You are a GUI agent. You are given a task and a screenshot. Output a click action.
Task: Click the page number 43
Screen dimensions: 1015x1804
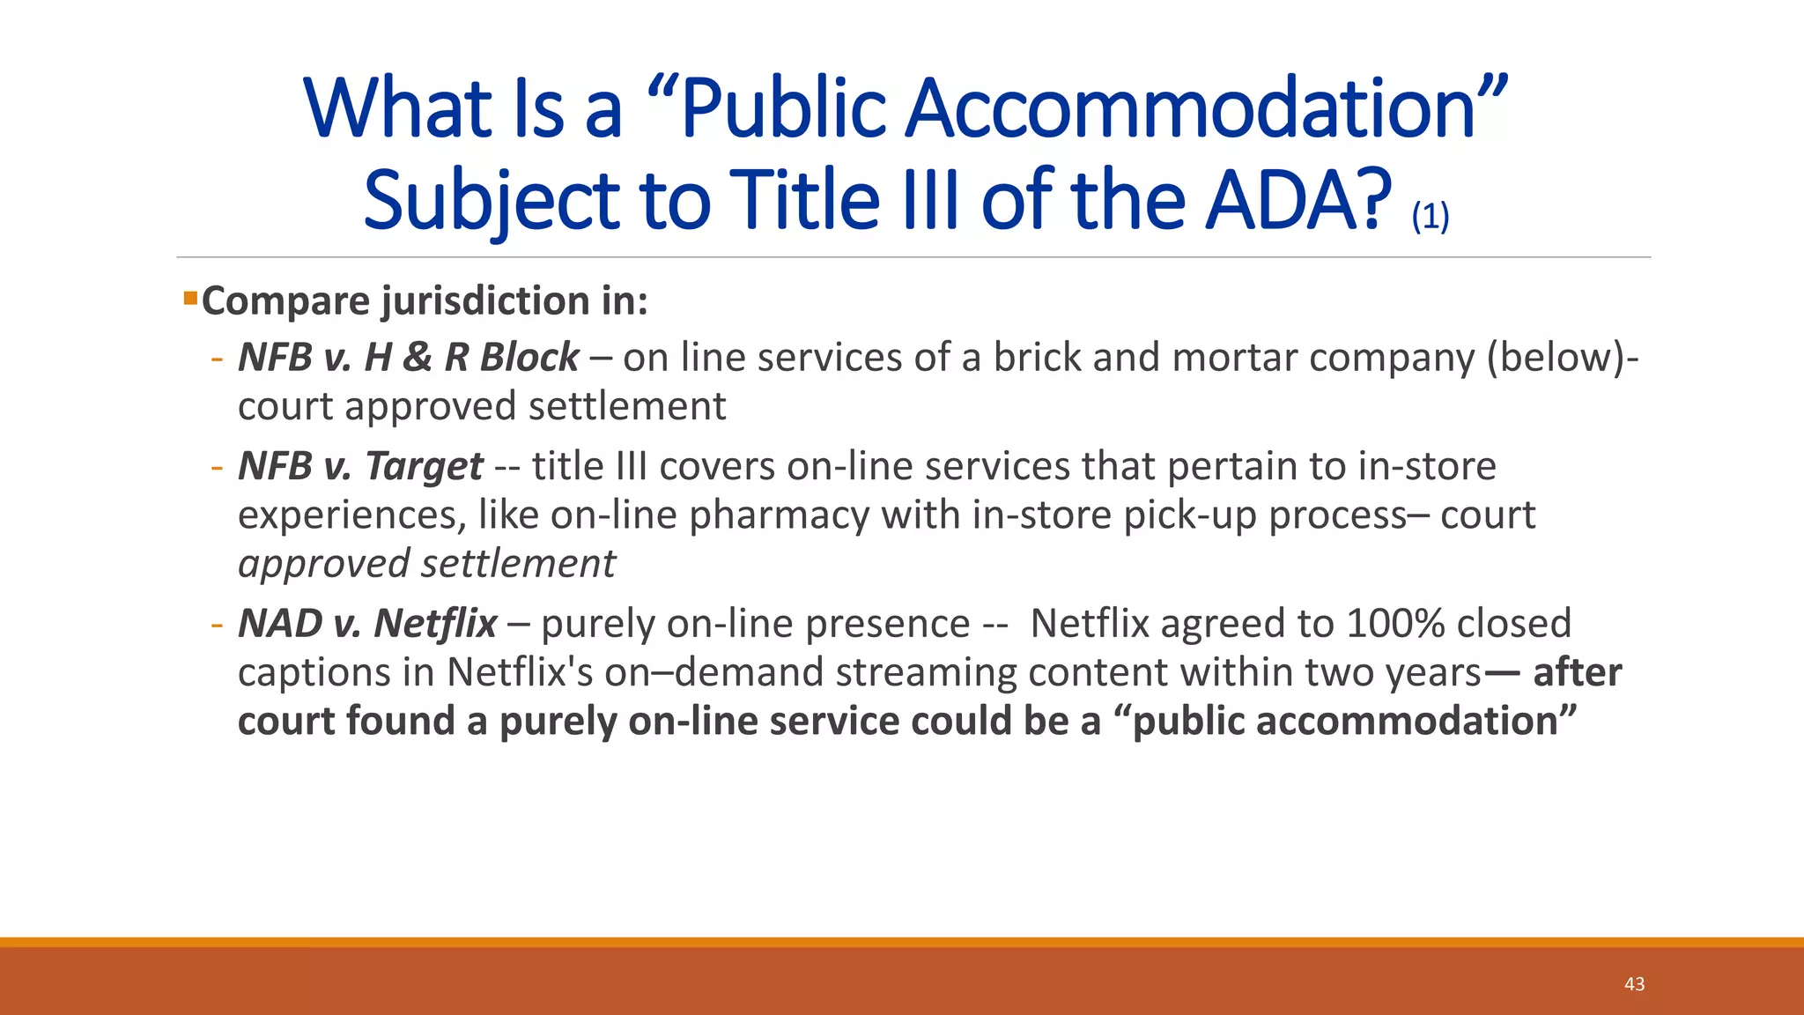[x=1634, y=984]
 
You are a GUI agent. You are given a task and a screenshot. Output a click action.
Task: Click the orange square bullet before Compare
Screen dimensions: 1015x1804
[x=190, y=298]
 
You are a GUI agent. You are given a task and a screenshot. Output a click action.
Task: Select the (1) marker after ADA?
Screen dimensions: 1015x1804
[x=1430, y=216]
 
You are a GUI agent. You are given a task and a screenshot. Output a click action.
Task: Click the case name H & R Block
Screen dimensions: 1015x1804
[x=471, y=358]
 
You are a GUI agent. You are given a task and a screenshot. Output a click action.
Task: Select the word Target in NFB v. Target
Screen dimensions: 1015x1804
[x=424, y=466]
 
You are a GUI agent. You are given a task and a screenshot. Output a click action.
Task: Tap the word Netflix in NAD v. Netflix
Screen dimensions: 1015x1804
[x=435, y=624]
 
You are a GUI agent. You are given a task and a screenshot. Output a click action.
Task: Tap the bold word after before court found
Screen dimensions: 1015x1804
[x=1577, y=672]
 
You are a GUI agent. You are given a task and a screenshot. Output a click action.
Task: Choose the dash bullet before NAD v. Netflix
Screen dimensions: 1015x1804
[x=217, y=624]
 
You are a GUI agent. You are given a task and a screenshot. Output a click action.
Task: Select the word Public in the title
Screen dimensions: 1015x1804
[x=784, y=109]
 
